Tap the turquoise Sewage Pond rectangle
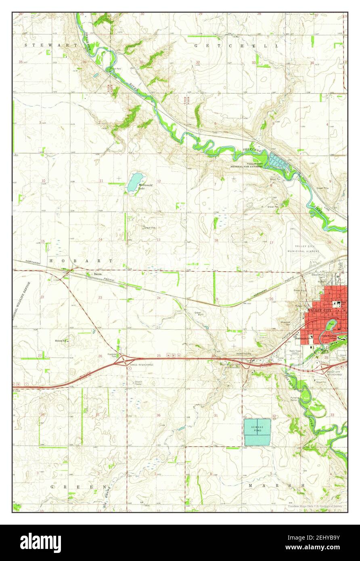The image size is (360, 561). [x=257, y=432]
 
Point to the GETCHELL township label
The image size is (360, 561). [x=230, y=46]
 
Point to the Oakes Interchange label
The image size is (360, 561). [x=142, y=364]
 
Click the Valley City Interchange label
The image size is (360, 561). [x=334, y=373]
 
